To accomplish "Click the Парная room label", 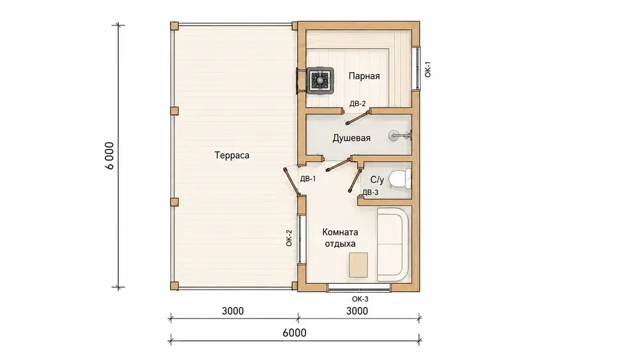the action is (364, 76).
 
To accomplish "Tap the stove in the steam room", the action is (321, 79).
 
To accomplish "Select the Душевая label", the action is (351, 138).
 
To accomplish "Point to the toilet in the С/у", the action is (400, 180).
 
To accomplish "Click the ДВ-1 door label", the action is (308, 178).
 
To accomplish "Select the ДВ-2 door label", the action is (357, 104).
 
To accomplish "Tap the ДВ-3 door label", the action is (370, 192).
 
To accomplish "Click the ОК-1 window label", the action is (427, 69).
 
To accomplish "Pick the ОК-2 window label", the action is (289, 238).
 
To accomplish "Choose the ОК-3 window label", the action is (360, 299).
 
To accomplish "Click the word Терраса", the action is (232, 155).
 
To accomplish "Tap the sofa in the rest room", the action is (392, 244).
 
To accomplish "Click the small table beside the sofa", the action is (358, 265).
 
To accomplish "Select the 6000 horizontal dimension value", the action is (294, 333).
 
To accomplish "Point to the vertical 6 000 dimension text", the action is (109, 156).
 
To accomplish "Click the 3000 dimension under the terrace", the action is (233, 311).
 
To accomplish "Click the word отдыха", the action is (341, 244).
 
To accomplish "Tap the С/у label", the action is (377, 180).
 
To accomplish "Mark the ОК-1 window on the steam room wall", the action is (417, 68).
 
